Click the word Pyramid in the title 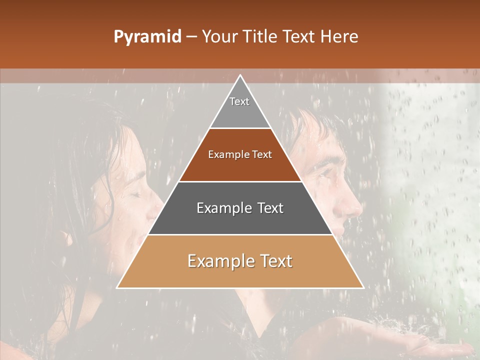tap(147, 37)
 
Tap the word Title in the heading tap(260, 36)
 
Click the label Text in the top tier tap(239, 101)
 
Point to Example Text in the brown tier tap(240, 154)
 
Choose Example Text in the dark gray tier tap(240, 208)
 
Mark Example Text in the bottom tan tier tap(240, 261)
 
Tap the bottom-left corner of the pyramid tap(117, 287)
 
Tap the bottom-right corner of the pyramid tap(363, 287)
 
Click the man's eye tap(327, 172)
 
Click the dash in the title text tap(191, 37)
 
